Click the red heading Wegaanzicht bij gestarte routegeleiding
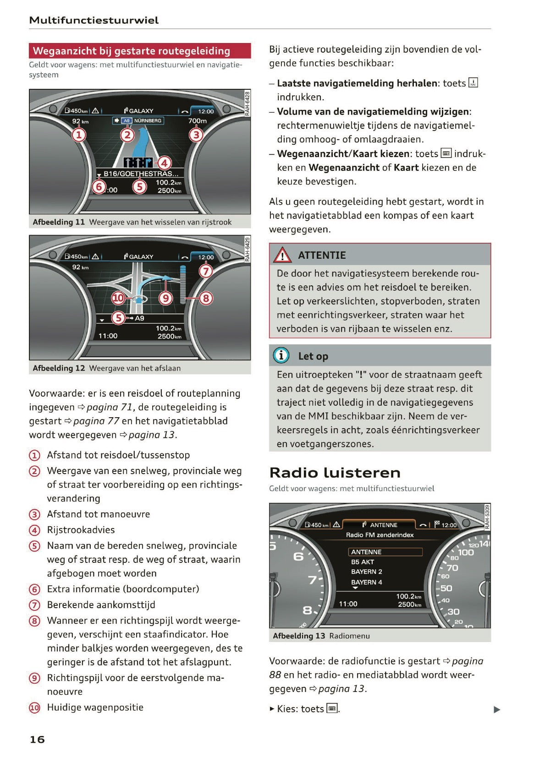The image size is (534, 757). click(x=131, y=51)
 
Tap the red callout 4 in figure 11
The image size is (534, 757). click(x=164, y=163)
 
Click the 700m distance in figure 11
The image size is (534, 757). click(x=197, y=121)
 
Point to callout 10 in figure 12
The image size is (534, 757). click(x=118, y=298)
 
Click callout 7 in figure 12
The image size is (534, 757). click(x=206, y=271)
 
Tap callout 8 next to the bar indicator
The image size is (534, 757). click(x=206, y=298)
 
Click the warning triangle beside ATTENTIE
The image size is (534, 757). click(x=282, y=255)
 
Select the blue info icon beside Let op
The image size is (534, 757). click(x=281, y=355)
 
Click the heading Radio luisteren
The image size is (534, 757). click(x=335, y=472)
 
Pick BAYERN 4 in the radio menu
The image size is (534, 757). click(x=366, y=582)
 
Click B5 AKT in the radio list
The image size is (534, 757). click(x=363, y=562)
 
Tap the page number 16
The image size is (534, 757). click(x=37, y=739)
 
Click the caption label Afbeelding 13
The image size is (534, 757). click(x=299, y=636)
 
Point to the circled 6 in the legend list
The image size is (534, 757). click(x=34, y=589)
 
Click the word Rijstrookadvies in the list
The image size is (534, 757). click(x=81, y=530)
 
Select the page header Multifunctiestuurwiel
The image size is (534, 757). click(x=94, y=20)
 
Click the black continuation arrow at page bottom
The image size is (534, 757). click(x=497, y=709)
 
